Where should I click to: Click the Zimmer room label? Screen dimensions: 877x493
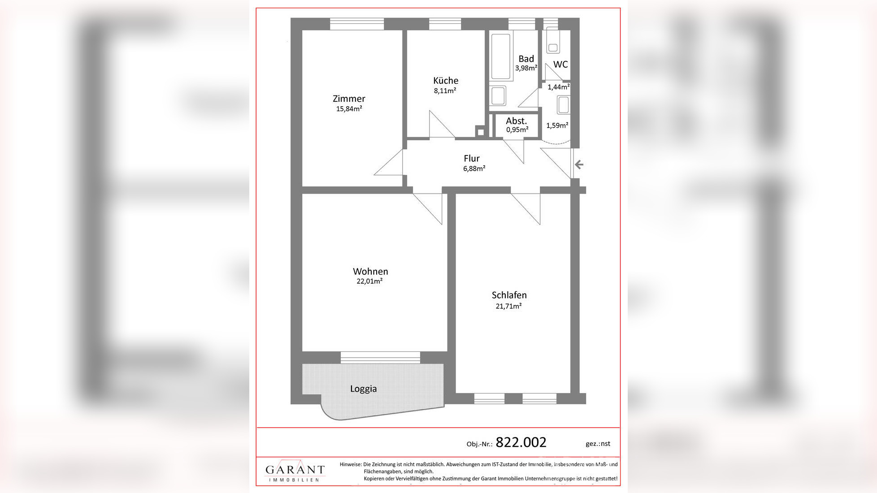(x=349, y=99)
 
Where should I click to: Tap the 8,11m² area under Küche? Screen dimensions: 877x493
(x=445, y=91)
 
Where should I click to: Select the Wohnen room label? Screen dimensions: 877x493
(x=370, y=271)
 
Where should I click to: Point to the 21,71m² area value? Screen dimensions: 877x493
(x=508, y=306)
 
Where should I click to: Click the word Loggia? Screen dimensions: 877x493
(x=363, y=389)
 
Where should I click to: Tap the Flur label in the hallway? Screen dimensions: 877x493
(x=472, y=158)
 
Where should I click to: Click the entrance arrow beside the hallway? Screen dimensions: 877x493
(x=579, y=164)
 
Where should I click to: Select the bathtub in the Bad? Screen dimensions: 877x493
(x=501, y=56)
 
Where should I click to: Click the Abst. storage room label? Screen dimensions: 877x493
(x=517, y=121)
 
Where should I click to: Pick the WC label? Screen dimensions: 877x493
(x=560, y=65)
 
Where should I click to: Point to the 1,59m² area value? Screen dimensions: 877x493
(x=557, y=125)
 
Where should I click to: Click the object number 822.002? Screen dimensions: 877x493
(x=521, y=442)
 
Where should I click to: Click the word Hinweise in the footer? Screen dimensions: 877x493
(x=351, y=464)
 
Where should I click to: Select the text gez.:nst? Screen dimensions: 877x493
(x=598, y=444)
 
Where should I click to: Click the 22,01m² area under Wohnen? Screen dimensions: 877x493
(x=369, y=281)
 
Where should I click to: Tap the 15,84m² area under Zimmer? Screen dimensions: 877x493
(x=349, y=108)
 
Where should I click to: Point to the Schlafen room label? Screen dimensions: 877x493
(x=509, y=295)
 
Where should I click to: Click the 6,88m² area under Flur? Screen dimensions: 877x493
(x=474, y=169)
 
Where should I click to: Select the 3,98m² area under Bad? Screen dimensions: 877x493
(x=526, y=68)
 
